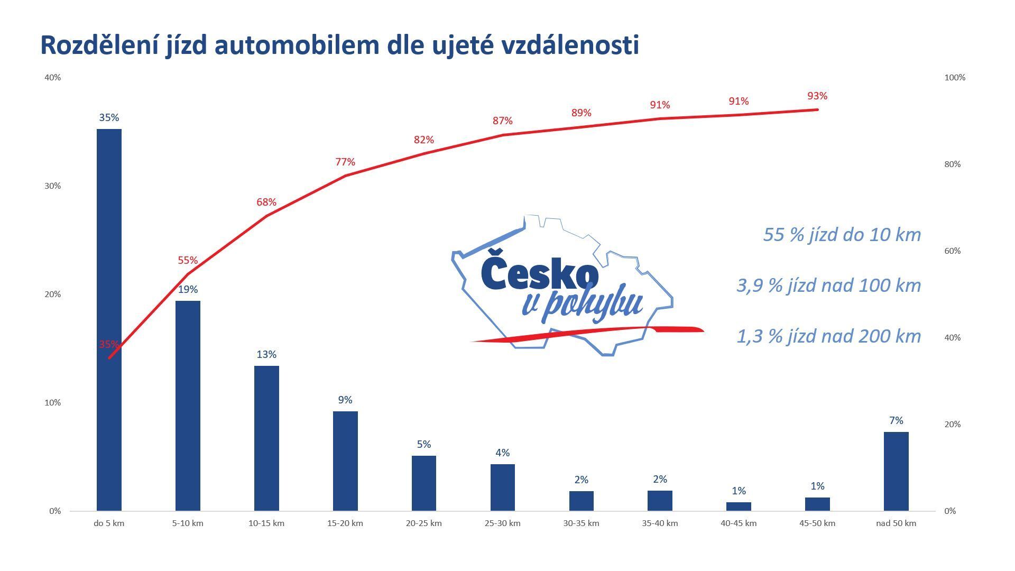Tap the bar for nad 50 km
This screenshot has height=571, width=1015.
coord(896,471)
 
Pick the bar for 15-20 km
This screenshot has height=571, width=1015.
coord(345,461)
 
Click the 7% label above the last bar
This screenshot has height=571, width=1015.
coord(896,420)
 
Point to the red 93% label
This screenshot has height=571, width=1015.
coord(817,96)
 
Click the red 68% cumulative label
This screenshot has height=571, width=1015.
coord(266,202)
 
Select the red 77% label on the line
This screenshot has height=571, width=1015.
coord(345,162)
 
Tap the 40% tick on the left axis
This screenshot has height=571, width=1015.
coord(53,77)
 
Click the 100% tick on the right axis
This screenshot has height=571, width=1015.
coord(955,77)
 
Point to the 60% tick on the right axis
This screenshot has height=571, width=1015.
coord(952,251)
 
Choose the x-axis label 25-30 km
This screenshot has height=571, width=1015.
coord(502,523)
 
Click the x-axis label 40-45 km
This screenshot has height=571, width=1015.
coord(739,523)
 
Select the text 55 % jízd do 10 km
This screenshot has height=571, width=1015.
coord(842,234)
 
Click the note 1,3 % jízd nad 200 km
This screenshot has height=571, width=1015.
coord(828,336)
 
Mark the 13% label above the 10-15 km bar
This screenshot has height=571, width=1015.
coord(266,354)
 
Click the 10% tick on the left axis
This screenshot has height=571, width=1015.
coord(53,402)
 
